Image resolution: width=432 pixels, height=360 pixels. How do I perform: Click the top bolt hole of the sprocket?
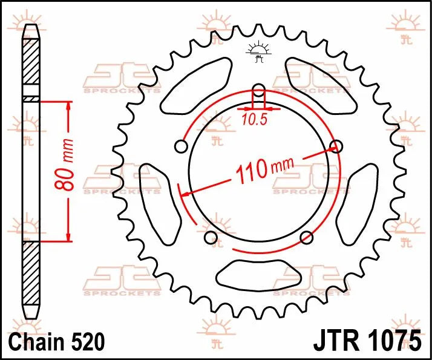(258, 91)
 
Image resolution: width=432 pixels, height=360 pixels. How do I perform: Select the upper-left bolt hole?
(180, 146)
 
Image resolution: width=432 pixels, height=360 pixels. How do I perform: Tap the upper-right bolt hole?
(337, 145)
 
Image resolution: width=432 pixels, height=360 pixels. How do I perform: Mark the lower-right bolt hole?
(306, 237)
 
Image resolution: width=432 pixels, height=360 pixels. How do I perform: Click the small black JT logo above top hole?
(258, 53)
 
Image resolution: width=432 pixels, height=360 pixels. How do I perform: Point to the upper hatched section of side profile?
(30, 64)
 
